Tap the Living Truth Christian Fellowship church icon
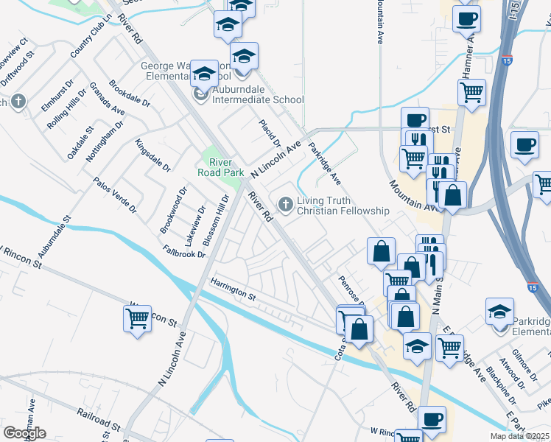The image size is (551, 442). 284,203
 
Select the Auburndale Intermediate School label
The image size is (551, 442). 257,100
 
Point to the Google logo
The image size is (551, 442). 24,433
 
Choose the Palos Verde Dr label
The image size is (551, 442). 114,194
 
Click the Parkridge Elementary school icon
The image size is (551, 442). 500,312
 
